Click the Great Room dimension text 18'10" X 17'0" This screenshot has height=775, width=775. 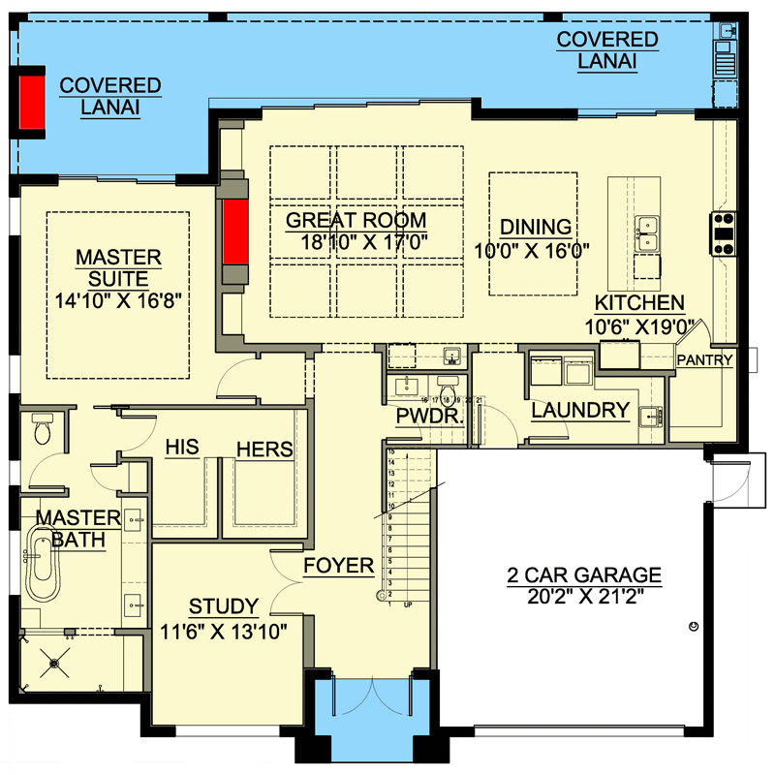(356, 241)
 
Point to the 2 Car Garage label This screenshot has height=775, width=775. (583, 574)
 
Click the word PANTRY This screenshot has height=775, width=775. (704, 360)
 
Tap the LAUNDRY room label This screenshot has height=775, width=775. (580, 410)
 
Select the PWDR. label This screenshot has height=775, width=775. (427, 417)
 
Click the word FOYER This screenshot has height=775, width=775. (338, 565)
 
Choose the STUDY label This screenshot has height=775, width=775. (223, 607)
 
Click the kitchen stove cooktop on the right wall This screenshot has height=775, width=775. (725, 232)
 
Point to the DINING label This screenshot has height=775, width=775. (536, 227)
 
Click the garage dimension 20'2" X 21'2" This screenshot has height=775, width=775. (583, 597)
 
